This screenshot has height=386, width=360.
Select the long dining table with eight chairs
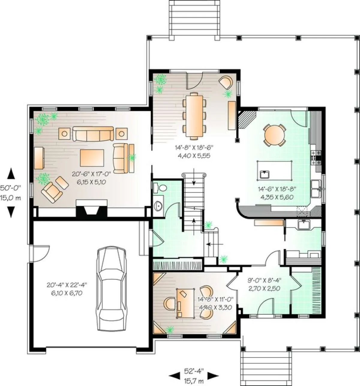[x=194, y=116]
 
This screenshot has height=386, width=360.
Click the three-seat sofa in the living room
[x=93, y=134]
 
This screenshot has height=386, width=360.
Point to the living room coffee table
[x=92, y=158]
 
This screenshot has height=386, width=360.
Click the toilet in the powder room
[x=160, y=188]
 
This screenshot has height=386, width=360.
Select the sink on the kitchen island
[x=265, y=174]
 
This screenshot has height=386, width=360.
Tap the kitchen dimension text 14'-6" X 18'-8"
[x=277, y=189]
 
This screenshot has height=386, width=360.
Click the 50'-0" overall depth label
[x=10, y=188]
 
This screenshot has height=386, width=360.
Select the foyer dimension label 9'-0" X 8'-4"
[x=265, y=280]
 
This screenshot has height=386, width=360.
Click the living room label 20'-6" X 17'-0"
[x=91, y=174]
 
